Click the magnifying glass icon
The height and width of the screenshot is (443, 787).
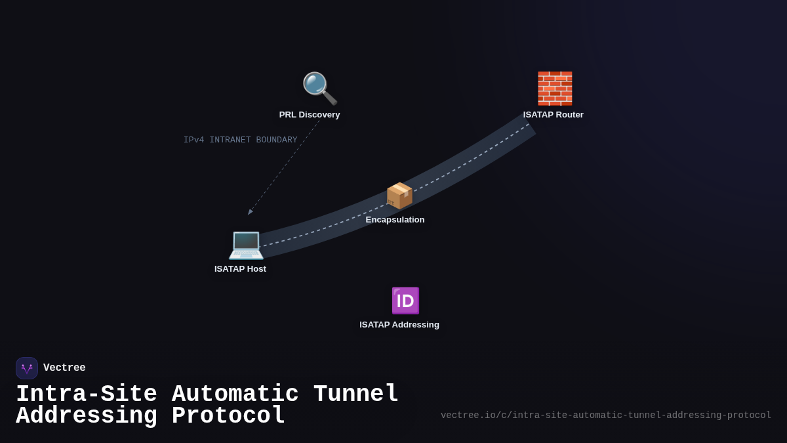[x=319, y=88]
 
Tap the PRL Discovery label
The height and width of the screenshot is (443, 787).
[x=310, y=115]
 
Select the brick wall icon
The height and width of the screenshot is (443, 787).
[x=555, y=89]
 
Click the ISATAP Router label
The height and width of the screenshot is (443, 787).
[x=553, y=115]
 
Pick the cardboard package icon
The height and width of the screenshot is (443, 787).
[x=399, y=196]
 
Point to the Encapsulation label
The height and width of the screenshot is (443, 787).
[x=395, y=220]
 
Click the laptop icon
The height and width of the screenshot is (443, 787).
[x=246, y=244]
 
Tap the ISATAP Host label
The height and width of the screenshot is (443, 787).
[x=240, y=269]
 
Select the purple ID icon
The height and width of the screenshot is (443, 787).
[x=405, y=301]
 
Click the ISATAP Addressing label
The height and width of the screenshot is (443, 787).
[x=399, y=325]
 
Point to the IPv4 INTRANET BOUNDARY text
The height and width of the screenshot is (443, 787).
[x=240, y=140]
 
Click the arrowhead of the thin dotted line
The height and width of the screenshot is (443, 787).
[x=250, y=212]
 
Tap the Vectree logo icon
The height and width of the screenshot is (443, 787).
[x=27, y=368]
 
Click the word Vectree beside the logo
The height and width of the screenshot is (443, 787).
[x=64, y=368]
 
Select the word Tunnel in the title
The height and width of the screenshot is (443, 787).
[x=356, y=394]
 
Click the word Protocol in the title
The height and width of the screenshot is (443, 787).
[x=228, y=416]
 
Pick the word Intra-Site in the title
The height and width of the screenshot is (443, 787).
[x=87, y=394]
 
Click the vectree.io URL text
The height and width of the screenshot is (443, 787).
[x=605, y=415]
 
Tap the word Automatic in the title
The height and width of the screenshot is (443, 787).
[x=235, y=394]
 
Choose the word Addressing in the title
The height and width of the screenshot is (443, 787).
[x=87, y=416]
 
